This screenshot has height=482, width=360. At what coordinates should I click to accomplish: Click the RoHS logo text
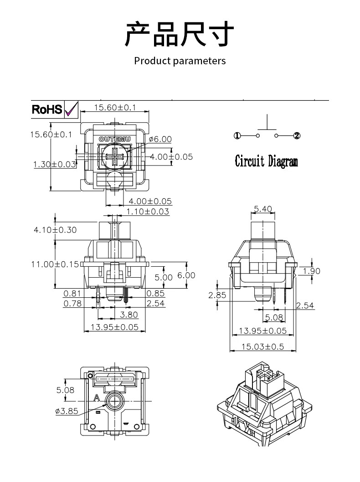(x=47, y=109)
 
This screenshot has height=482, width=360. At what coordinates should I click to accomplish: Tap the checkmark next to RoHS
(x=71, y=109)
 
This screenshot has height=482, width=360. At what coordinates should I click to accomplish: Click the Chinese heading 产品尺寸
(x=180, y=33)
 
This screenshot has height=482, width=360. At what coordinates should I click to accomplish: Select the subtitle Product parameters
(x=180, y=61)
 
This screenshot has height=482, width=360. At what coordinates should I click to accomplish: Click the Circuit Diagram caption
(x=266, y=161)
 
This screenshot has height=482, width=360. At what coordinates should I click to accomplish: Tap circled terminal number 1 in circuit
(x=237, y=135)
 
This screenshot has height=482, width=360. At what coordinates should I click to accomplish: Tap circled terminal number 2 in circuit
(x=297, y=135)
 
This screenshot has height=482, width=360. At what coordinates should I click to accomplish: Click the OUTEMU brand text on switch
(x=114, y=139)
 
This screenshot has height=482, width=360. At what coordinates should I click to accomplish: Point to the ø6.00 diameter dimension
(x=160, y=139)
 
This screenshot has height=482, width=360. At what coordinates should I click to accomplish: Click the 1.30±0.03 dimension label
(x=54, y=164)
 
